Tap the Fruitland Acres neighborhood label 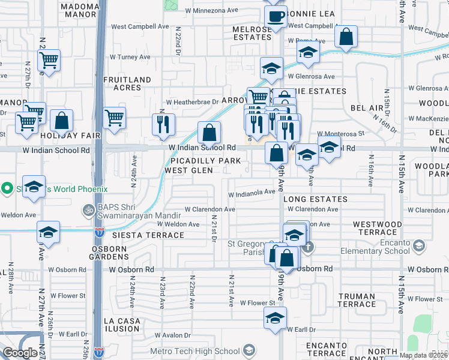[x=127, y=83]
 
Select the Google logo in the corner [x=20, y=353]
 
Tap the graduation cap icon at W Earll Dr [x=275, y=318]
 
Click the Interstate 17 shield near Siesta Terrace [x=100, y=230]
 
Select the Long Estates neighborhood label [x=315, y=199]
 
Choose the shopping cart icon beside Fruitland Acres [x=114, y=118]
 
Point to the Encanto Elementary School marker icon [x=418, y=245]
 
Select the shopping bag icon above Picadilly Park [x=209, y=132]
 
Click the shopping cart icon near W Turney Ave [x=48, y=59]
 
